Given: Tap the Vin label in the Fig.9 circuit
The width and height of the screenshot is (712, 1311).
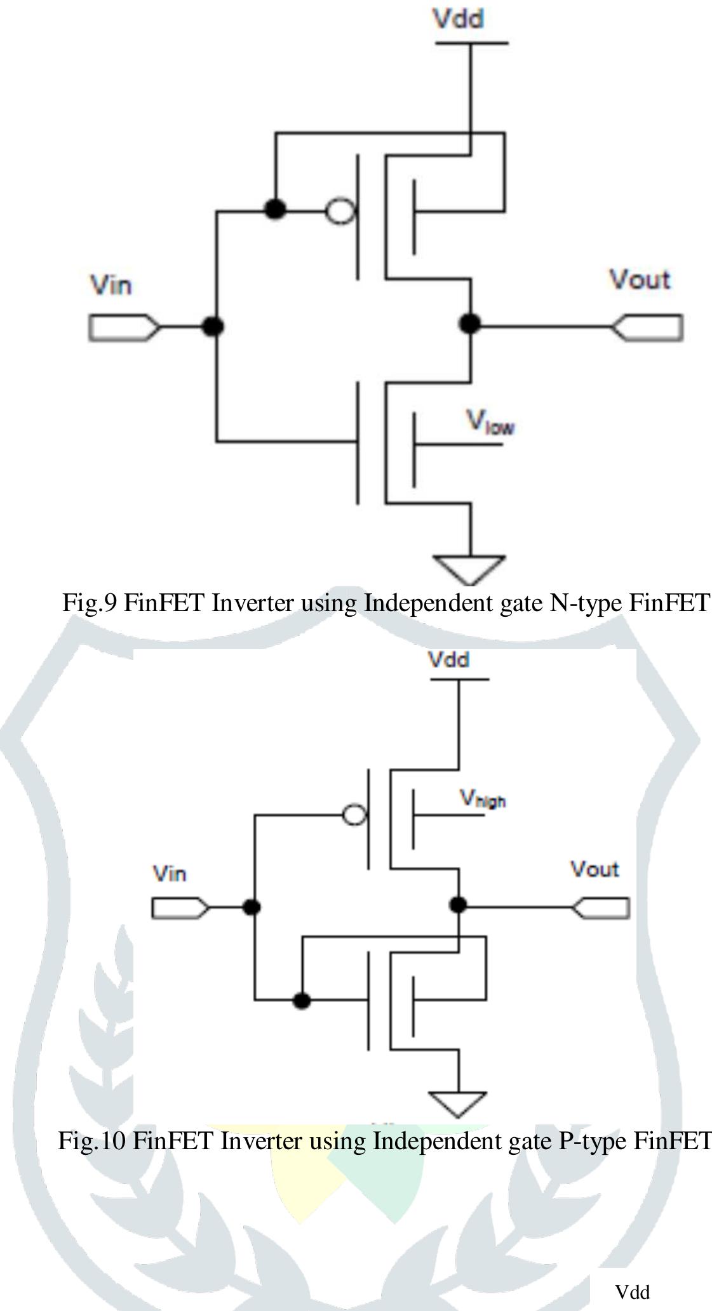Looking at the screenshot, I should [x=111, y=285].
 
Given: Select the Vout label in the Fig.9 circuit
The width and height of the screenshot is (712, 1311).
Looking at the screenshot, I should [x=639, y=280].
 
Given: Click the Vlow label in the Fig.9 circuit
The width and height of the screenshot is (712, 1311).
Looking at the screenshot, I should [x=490, y=423].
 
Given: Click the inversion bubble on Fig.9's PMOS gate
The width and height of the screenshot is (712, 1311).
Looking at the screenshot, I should [x=340, y=211].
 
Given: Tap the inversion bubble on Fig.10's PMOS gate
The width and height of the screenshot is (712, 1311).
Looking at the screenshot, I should [x=354, y=814].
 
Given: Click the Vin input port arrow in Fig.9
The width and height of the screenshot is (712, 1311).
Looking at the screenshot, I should [x=124, y=327].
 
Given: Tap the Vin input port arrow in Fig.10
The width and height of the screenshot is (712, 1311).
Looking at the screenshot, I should [x=180, y=908].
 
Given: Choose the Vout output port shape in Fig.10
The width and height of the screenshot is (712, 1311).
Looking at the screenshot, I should [x=601, y=908].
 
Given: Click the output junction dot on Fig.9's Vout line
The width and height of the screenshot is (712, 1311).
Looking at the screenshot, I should [x=469, y=324].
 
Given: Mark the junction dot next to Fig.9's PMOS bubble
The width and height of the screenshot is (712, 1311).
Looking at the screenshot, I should [x=275, y=208].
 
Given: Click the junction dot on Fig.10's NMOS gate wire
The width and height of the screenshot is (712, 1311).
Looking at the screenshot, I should [x=302, y=1001].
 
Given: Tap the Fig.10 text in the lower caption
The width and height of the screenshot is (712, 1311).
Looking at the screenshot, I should [x=93, y=1140].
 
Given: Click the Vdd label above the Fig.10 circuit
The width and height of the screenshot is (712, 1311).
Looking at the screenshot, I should [x=448, y=660].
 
